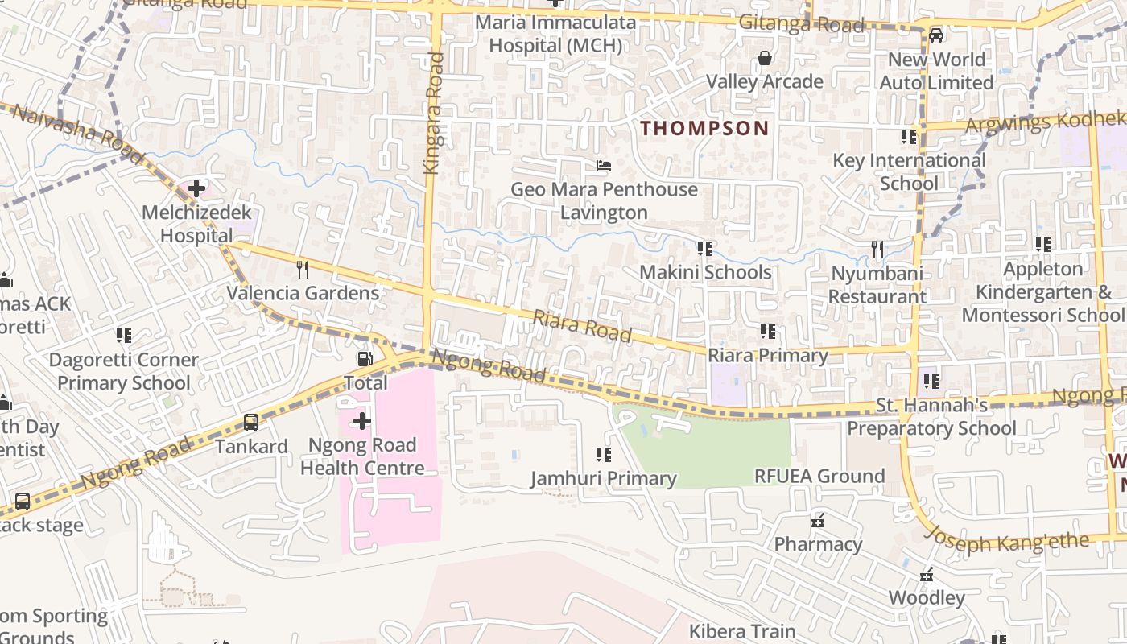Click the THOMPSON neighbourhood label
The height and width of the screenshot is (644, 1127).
click(x=704, y=128)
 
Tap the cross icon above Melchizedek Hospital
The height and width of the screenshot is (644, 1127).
click(x=196, y=189)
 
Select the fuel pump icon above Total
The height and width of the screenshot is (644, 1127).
click(x=365, y=359)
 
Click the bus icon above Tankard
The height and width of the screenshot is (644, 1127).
click(x=251, y=423)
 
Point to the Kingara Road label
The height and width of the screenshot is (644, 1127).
click(x=433, y=113)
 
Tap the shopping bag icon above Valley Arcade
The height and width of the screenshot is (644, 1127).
click(x=764, y=58)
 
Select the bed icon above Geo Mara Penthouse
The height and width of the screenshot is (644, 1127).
click(x=604, y=166)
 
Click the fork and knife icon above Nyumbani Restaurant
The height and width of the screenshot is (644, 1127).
click(x=877, y=250)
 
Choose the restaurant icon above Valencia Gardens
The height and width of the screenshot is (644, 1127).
click(x=303, y=269)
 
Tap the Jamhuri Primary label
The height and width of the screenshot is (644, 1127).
click(x=603, y=479)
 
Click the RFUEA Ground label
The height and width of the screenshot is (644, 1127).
click(x=819, y=476)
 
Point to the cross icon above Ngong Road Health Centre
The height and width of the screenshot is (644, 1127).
click(x=362, y=421)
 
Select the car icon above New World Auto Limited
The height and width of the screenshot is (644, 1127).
click(x=935, y=35)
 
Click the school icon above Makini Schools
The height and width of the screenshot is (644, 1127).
click(x=705, y=249)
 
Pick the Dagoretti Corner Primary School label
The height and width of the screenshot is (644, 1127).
click(x=123, y=371)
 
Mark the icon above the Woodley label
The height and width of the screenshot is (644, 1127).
click(x=927, y=575)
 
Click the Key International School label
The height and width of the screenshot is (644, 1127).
click(x=909, y=171)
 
